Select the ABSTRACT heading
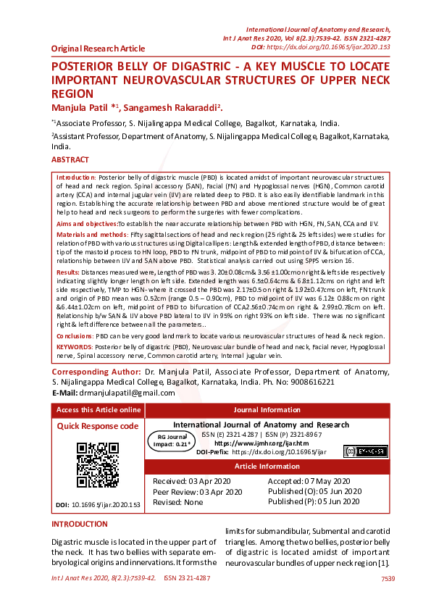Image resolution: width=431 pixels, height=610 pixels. [x=70, y=159]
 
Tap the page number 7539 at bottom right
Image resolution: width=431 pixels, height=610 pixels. [x=388, y=578]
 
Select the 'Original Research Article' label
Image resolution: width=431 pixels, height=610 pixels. [x=98, y=49]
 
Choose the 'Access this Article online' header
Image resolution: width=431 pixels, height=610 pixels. [x=99, y=410]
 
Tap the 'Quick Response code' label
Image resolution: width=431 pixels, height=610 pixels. [x=98, y=426]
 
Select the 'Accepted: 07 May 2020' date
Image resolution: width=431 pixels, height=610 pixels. [x=309, y=481]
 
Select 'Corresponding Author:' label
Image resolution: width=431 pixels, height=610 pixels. [x=96, y=371]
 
